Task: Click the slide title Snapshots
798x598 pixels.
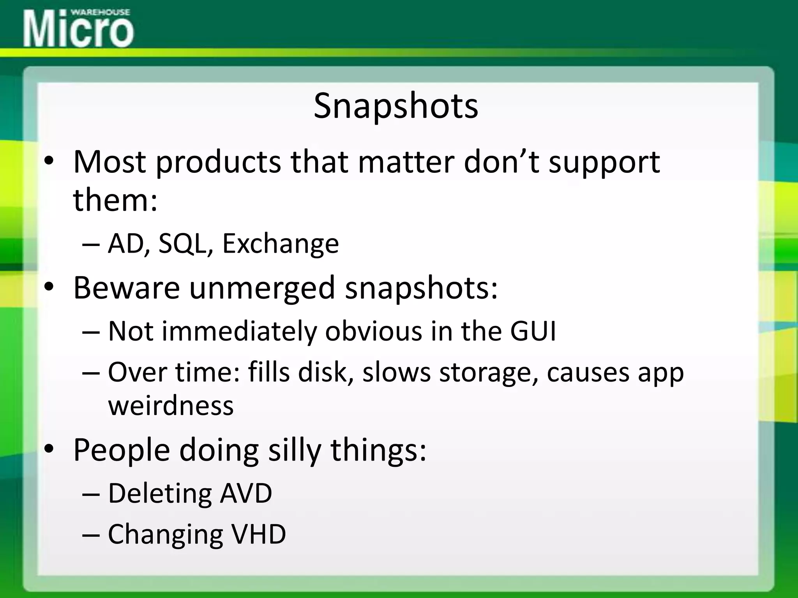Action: (395, 106)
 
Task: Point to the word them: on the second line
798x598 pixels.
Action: (115, 200)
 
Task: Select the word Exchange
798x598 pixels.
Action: (280, 244)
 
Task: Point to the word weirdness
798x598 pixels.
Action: (171, 405)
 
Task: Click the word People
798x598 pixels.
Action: (122, 450)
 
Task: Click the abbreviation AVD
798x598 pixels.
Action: (246, 493)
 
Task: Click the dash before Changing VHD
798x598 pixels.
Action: (91, 535)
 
